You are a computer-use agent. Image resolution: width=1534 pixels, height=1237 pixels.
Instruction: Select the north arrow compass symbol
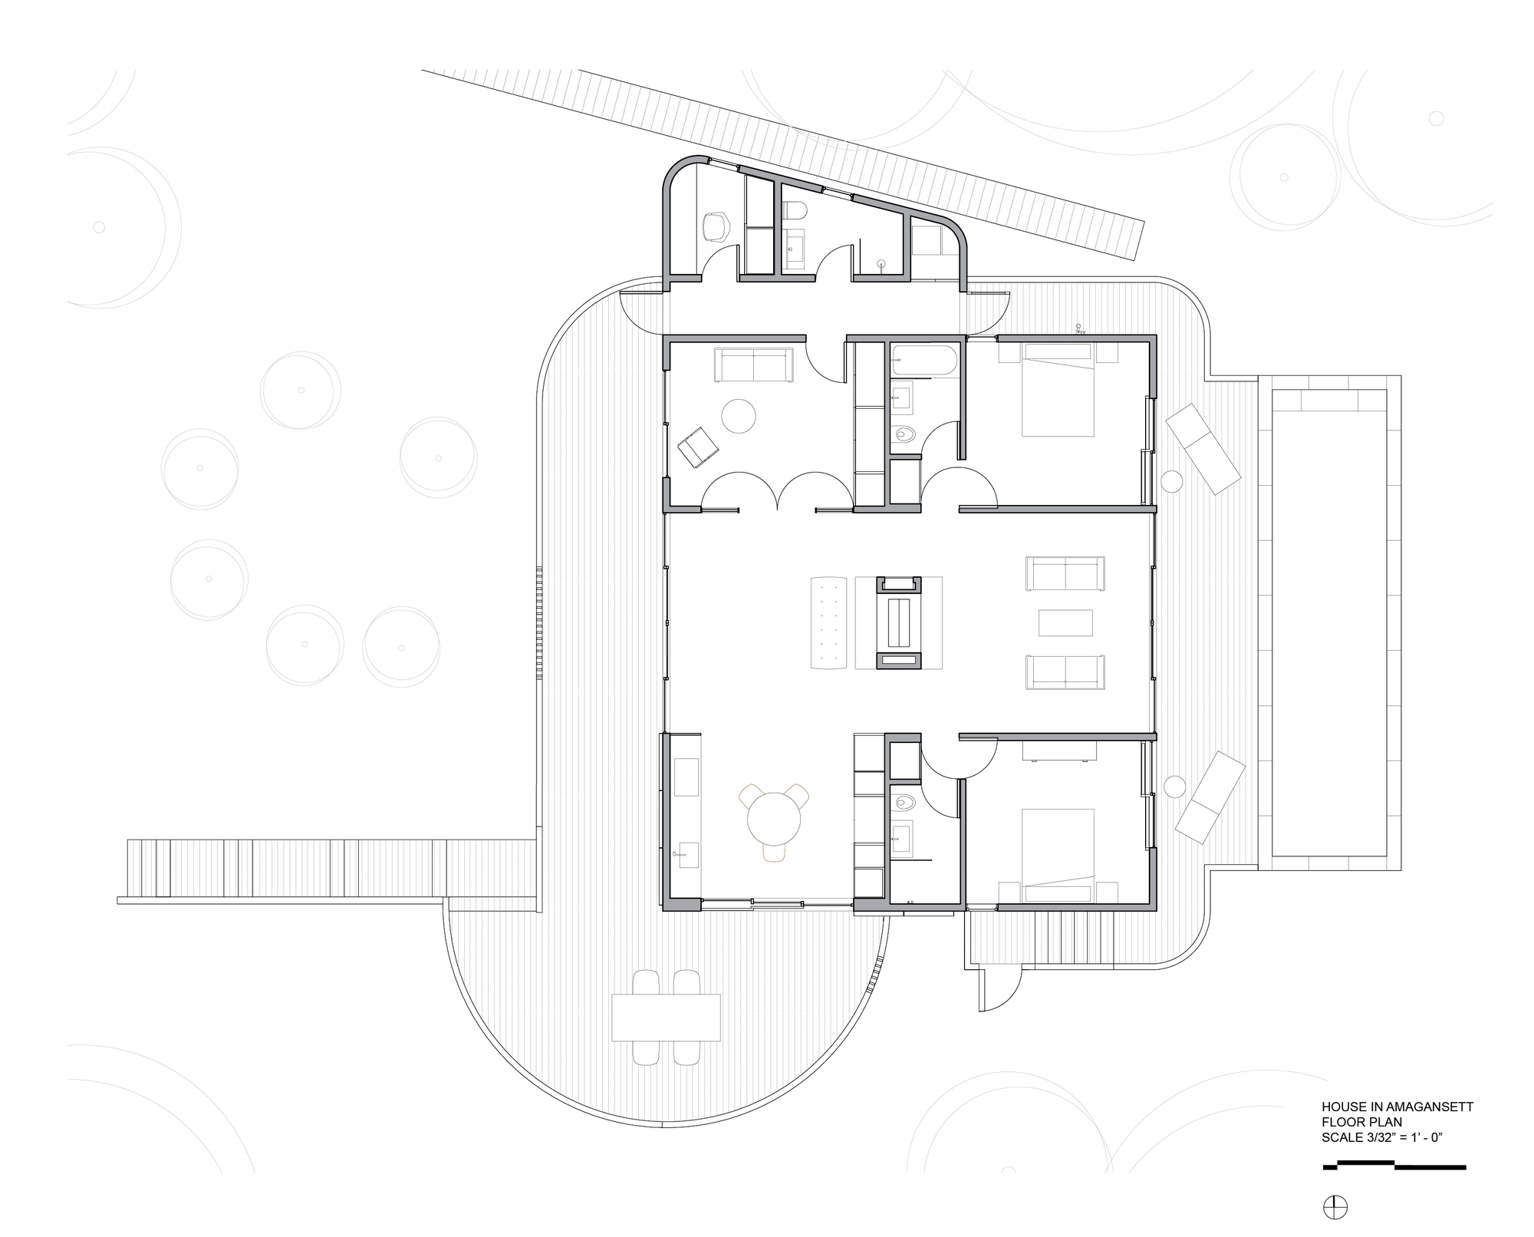(1335, 1208)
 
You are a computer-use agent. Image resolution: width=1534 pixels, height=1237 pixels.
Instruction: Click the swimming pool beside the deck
(1329, 622)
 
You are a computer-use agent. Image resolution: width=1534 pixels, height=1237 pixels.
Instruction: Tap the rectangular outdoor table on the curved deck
(666, 1017)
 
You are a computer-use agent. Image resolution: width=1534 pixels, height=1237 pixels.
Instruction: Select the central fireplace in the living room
(899, 622)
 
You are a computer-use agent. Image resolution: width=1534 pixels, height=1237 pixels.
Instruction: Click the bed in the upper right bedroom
(1058, 391)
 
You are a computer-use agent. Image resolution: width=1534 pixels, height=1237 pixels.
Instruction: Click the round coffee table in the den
(739, 416)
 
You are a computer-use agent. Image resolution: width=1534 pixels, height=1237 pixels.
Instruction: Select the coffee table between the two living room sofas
(1065, 622)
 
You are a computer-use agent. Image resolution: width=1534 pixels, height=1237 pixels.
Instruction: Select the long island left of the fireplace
(828, 622)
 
